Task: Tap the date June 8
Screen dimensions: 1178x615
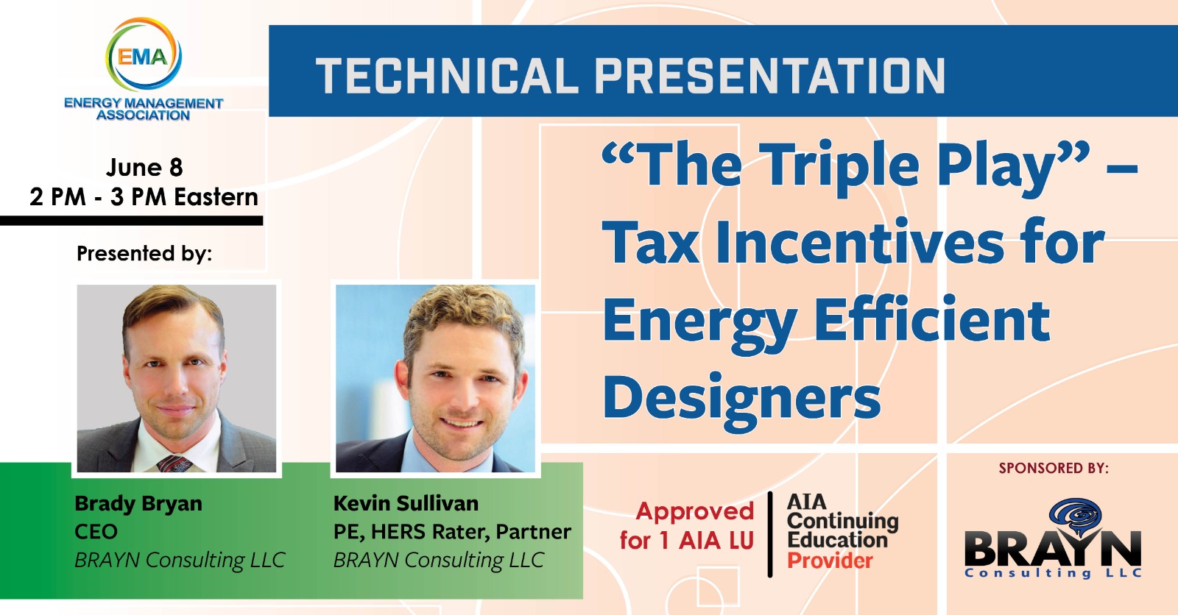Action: click(144, 167)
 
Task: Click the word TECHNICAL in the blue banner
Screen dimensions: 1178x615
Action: click(447, 76)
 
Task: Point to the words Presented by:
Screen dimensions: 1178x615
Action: click(144, 253)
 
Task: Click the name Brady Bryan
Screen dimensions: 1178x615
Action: click(138, 503)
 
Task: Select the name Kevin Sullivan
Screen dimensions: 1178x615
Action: click(406, 503)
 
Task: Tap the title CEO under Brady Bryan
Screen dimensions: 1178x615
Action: click(96, 531)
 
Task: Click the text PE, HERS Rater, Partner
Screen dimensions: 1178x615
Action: click(452, 532)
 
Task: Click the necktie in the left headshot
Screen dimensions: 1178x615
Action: click(174, 463)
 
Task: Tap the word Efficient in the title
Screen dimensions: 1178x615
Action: click(932, 319)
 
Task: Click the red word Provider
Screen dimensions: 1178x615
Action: click(830, 561)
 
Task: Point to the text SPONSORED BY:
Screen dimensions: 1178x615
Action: click(1054, 468)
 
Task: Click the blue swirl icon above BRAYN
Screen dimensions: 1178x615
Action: click(1075, 517)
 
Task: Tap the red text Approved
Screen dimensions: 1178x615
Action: click(695, 511)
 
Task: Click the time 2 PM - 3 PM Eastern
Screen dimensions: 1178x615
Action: click(144, 197)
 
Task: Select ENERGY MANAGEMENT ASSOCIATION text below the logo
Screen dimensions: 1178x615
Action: click(144, 109)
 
